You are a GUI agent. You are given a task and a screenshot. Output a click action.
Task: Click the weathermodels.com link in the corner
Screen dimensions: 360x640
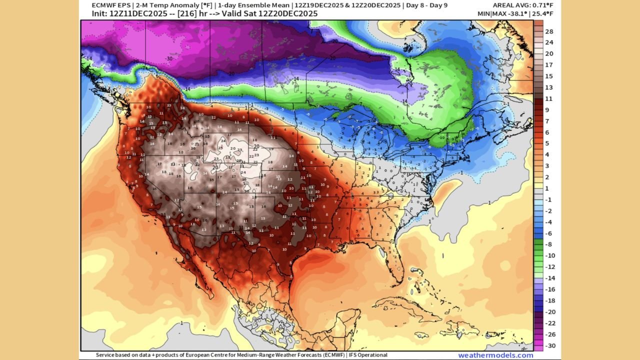[488, 355]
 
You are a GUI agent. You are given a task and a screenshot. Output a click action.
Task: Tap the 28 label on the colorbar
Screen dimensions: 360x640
[549, 31]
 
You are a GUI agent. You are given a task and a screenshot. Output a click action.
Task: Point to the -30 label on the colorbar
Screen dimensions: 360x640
[549, 346]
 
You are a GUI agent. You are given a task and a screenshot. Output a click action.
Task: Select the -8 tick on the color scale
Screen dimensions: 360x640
[549, 244]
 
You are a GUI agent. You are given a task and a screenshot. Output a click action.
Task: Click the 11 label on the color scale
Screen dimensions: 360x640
[549, 98]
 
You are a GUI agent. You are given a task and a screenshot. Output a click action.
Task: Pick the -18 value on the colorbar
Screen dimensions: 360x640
[549, 301]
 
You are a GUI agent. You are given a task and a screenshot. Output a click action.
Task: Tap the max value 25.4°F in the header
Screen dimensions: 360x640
[547, 13]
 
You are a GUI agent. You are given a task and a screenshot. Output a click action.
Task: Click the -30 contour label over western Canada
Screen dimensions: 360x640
[170, 58]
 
